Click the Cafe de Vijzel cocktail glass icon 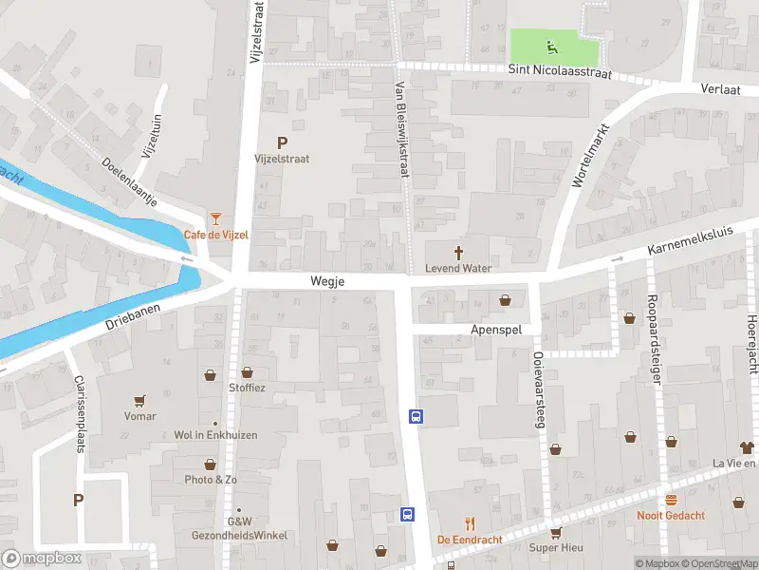point(216,219)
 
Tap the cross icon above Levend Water point(459,253)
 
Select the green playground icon point(550,45)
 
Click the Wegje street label point(326,282)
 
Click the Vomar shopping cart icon point(140,401)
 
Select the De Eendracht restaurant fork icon point(469,523)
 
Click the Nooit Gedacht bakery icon point(671,500)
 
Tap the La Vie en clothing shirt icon point(747,447)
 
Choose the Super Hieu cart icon point(555,532)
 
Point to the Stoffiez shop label point(247,388)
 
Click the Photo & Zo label point(211,480)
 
